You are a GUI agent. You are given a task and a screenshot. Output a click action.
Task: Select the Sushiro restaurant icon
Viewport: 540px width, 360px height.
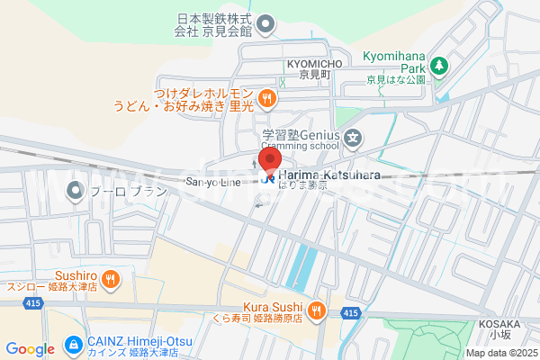(x=109, y=278)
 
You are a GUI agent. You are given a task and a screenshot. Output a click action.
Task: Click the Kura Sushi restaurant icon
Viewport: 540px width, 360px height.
(x=316, y=310)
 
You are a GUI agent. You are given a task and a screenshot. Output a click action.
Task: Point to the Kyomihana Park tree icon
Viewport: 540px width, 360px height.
(x=438, y=65)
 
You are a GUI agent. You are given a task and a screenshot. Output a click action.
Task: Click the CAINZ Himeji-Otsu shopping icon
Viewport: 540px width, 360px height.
(x=72, y=345)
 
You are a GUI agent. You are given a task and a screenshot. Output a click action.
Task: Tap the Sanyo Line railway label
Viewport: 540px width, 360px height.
(x=213, y=182)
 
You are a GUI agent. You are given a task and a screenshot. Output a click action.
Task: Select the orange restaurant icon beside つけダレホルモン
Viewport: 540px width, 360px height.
(x=265, y=98)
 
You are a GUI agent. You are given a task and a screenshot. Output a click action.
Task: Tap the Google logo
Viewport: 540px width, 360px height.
(x=30, y=348)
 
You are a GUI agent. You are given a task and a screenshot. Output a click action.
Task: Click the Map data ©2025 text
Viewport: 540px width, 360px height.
(x=499, y=353)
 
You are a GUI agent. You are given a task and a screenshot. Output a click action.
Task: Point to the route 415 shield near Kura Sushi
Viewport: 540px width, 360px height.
(x=350, y=311)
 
